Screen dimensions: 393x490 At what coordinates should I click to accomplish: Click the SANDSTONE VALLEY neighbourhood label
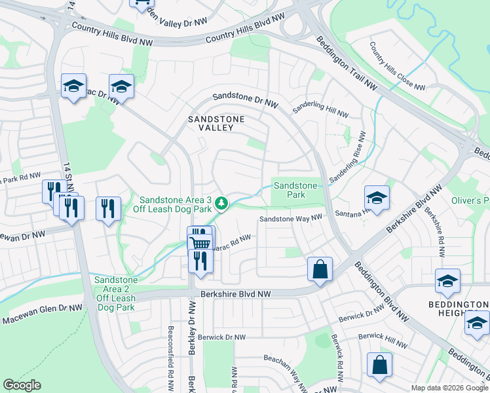[x=216, y=123]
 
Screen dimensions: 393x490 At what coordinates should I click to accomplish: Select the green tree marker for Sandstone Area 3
[x=222, y=204]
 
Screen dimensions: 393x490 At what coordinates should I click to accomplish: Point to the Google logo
[x=22, y=385]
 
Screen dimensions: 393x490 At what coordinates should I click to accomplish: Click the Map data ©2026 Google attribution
[x=449, y=388]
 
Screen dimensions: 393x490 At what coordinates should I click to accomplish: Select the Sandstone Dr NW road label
[x=246, y=100]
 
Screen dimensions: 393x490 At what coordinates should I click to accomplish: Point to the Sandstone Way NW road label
[x=291, y=219]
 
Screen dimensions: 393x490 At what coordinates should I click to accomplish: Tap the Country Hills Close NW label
[x=397, y=67]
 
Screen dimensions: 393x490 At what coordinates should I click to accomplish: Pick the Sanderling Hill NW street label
[x=320, y=109]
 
